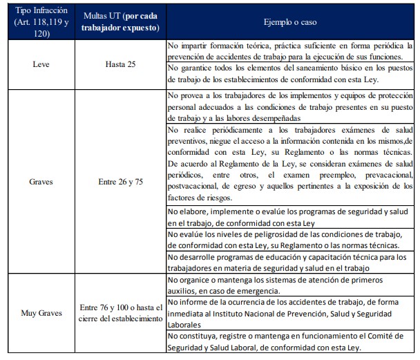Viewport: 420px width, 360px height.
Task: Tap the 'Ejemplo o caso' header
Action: click(292, 21)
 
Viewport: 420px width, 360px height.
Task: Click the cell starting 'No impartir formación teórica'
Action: click(292, 50)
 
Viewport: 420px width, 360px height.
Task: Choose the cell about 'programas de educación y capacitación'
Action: click(292, 262)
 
